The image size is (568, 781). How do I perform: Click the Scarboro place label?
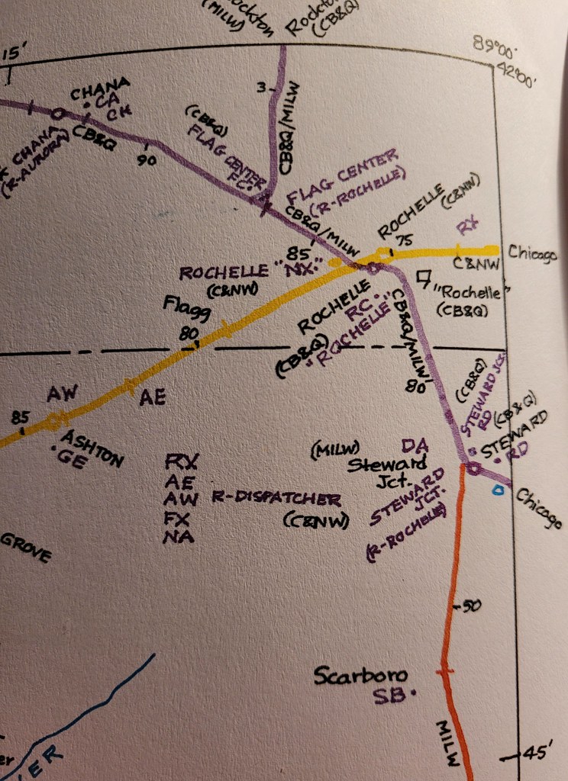(360, 676)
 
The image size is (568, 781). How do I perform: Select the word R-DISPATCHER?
(276, 500)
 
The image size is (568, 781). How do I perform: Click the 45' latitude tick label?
(534, 753)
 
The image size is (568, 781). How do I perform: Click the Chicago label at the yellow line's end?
(532, 252)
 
